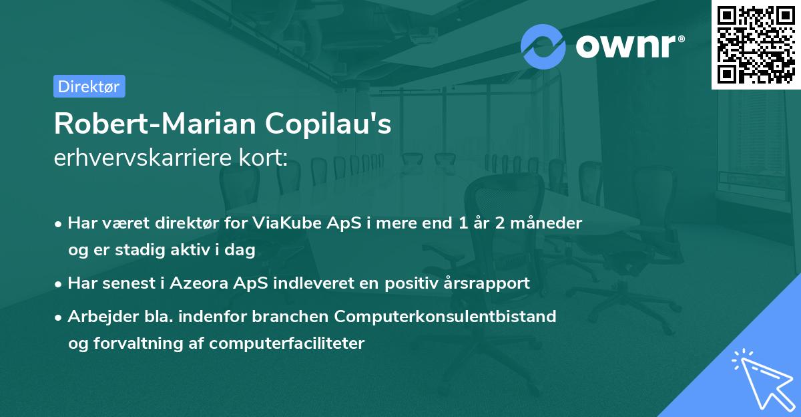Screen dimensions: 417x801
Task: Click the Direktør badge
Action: tap(89, 86)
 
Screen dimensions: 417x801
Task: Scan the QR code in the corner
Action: tap(756, 44)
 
